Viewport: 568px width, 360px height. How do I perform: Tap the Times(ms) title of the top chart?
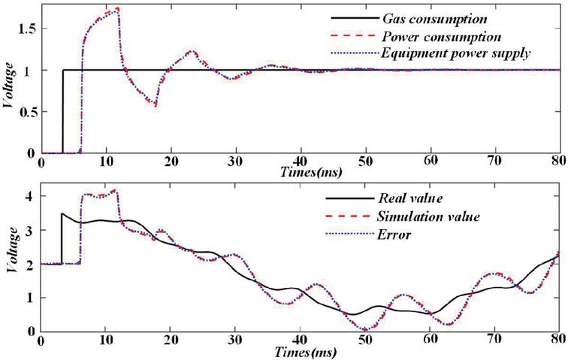(x=240, y=172)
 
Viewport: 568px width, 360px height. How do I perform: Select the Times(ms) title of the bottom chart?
(x=240, y=351)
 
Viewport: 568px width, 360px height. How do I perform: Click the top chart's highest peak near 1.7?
(x=117, y=10)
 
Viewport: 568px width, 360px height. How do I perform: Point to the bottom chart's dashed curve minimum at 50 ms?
(x=365, y=328)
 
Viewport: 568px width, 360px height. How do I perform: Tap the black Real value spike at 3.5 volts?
(x=62, y=214)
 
